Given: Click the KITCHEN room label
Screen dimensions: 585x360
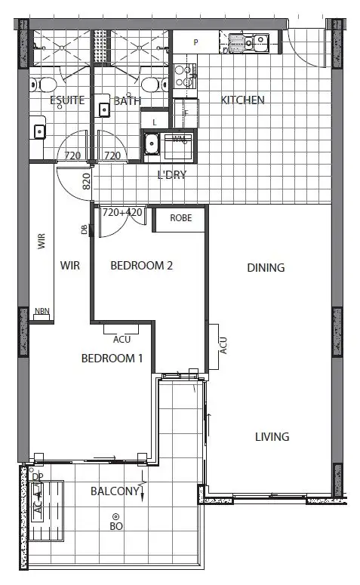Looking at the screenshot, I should [x=242, y=100].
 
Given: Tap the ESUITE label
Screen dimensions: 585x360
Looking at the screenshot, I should [x=67, y=100].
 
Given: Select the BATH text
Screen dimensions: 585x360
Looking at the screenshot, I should [x=128, y=100].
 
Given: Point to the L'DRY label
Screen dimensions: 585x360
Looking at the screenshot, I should [x=171, y=175].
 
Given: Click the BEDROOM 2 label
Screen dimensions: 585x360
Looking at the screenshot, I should [x=142, y=266].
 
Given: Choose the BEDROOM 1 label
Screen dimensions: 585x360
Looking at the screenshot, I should [x=112, y=359].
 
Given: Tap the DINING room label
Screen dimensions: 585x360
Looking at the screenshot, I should [x=266, y=267].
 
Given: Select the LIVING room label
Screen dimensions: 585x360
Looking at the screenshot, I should [x=272, y=437].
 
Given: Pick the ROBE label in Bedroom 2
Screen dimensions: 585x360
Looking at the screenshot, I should [x=180, y=218].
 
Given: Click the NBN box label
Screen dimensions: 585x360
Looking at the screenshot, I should [x=42, y=312].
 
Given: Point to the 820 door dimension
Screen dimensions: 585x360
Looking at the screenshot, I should [x=86, y=181].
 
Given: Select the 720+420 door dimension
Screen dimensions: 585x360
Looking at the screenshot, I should [x=122, y=214].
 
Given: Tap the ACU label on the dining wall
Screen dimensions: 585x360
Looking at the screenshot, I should [x=223, y=346].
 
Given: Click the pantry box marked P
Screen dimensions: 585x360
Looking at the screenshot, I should [x=195, y=43].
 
